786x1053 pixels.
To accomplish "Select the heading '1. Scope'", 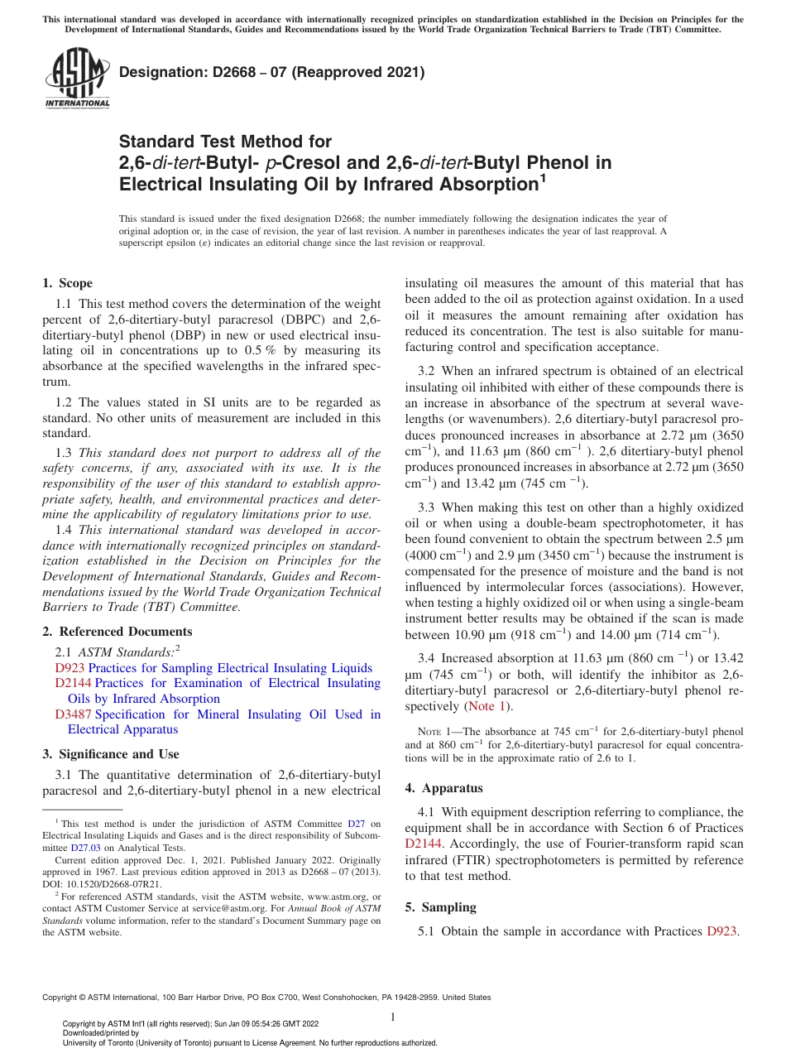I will (x=67, y=283).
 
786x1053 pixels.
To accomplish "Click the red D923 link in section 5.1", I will (x=722, y=931).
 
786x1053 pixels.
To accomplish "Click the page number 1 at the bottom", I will (x=393, y=1017).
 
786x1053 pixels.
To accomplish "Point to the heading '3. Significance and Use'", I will (x=110, y=754).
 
